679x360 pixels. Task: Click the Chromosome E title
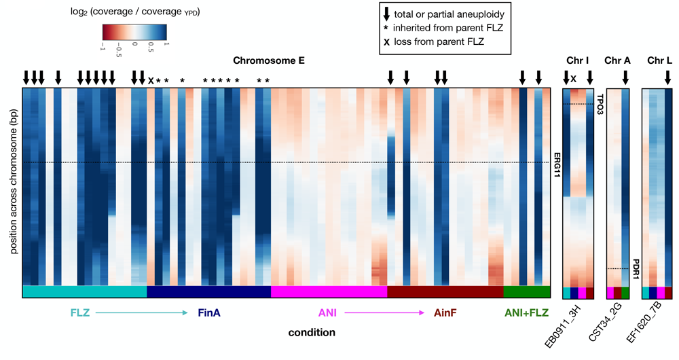273,60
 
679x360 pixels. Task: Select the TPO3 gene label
600,103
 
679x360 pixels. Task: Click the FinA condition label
209,313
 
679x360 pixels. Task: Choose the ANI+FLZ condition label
527,313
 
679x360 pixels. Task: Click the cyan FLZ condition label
80,313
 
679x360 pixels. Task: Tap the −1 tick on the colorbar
103,48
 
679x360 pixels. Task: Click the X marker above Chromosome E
151,80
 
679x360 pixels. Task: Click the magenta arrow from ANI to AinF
387,313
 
